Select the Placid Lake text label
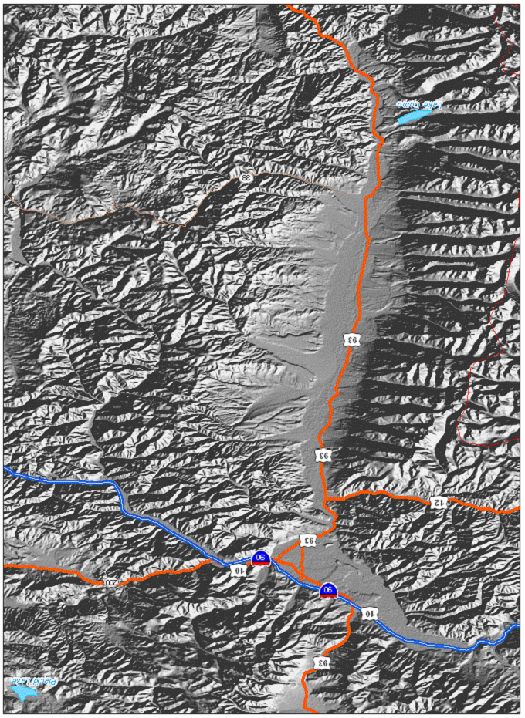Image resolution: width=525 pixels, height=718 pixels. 29,681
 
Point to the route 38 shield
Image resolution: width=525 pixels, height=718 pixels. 246,178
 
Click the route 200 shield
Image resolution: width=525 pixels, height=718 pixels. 111,582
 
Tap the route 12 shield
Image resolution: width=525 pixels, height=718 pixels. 439,503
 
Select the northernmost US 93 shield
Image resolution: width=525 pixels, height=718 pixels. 351,339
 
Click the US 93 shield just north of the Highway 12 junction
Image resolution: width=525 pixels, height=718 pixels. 322,455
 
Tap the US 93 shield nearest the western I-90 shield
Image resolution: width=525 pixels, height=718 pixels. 308,540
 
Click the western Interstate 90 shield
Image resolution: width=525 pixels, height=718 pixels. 261,558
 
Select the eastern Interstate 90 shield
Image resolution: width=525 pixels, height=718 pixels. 328,591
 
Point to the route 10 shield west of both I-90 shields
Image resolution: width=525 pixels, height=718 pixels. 240,570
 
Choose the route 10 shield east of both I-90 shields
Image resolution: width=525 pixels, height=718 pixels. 370,613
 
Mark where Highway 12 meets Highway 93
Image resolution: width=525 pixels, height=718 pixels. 327,501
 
